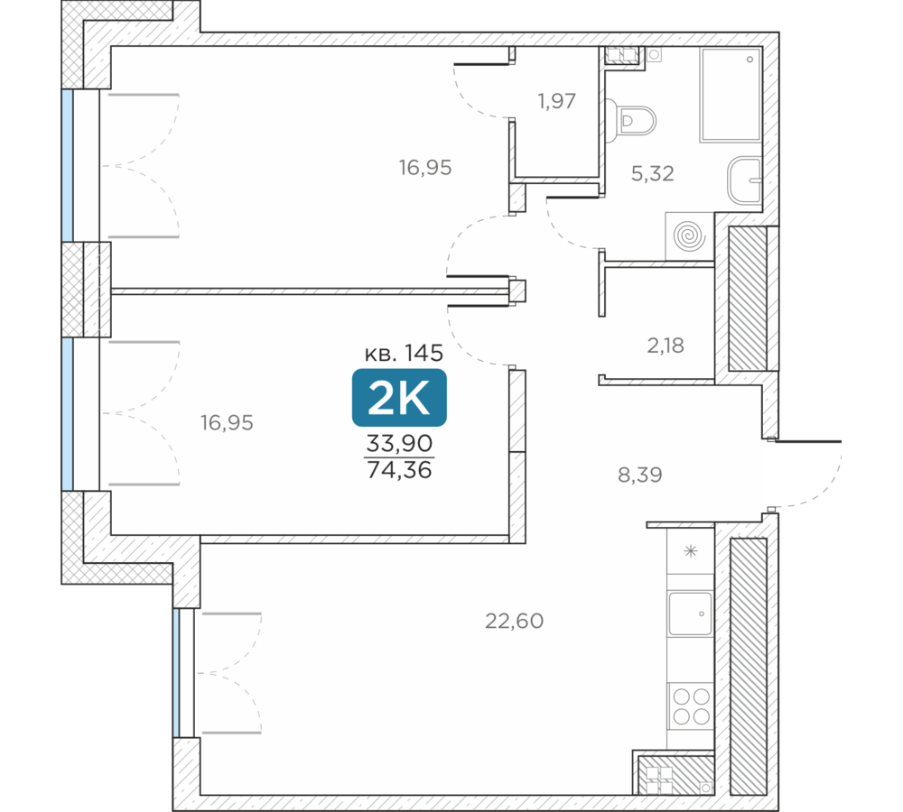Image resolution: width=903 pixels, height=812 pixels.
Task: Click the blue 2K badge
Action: [399, 397]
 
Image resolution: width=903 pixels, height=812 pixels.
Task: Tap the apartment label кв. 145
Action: [404, 353]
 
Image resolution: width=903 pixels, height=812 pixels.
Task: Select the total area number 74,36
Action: [399, 470]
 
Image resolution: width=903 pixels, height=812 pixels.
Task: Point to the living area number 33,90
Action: [399, 443]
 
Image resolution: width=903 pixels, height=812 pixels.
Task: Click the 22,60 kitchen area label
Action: [515, 621]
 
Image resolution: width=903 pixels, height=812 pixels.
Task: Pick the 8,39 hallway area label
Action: [640, 475]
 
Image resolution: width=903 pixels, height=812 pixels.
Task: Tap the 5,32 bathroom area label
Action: [653, 173]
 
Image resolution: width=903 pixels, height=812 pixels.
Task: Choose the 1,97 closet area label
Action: [556, 101]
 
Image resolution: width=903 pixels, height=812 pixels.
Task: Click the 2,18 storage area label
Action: [666, 346]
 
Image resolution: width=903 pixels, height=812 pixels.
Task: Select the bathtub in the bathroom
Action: [731, 95]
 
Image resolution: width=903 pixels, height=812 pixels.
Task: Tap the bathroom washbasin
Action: [745, 180]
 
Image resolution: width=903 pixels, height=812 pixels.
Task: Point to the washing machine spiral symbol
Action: [689, 236]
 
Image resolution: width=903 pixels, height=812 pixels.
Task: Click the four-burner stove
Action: [691, 706]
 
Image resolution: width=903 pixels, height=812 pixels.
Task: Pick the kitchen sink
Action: [690, 614]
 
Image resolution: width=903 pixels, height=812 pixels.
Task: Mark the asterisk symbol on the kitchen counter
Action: [691, 551]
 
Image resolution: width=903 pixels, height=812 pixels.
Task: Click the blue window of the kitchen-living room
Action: [176, 673]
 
